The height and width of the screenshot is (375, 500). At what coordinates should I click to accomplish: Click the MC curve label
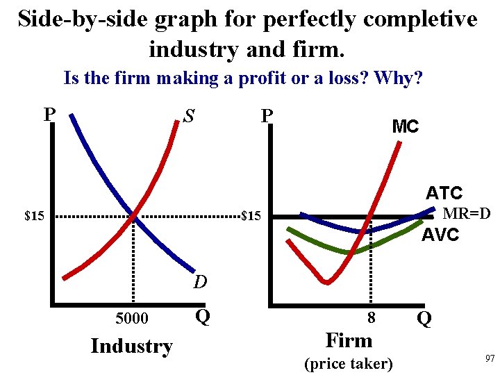(406, 126)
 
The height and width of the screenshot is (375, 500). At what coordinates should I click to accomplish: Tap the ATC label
(444, 192)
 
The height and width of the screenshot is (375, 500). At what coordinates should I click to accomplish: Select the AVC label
(440, 235)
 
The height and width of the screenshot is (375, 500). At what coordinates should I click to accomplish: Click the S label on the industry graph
(188, 116)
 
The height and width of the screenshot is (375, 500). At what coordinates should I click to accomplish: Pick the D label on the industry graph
(200, 283)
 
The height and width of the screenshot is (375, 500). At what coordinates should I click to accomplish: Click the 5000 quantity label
(132, 318)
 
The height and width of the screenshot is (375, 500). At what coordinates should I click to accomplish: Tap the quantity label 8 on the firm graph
(372, 318)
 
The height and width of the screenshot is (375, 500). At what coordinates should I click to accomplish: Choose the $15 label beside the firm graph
(251, 217)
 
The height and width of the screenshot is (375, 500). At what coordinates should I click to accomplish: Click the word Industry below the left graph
(131, 346)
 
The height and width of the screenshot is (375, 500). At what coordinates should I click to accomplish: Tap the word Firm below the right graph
(349, 340)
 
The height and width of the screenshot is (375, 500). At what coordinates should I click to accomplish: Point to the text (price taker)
(349, 363)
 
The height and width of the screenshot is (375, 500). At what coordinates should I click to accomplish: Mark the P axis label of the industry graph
(49, 114)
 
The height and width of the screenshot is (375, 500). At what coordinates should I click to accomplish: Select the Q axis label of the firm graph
(424, 318)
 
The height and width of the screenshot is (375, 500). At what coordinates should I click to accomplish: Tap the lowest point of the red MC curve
(326, 281)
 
